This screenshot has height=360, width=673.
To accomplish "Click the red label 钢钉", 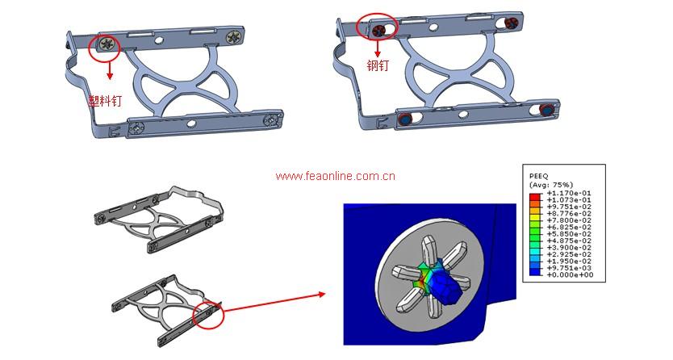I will point(378,65).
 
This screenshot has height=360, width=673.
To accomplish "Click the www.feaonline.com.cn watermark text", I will point(335,175).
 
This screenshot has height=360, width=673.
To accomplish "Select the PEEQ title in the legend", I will point(538,174).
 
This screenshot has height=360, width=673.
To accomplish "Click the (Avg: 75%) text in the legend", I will point(550,184).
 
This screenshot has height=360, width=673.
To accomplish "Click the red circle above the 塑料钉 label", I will point(105,45).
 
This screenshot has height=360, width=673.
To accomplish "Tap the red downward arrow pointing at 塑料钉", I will point(110,73).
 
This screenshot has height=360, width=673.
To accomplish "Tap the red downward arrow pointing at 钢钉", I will point(378,50).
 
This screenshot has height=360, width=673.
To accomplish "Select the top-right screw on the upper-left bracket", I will point(236,36).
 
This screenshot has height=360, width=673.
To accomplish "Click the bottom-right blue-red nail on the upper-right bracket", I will point(547,110).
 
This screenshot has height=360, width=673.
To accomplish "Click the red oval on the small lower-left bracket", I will point(207,313).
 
